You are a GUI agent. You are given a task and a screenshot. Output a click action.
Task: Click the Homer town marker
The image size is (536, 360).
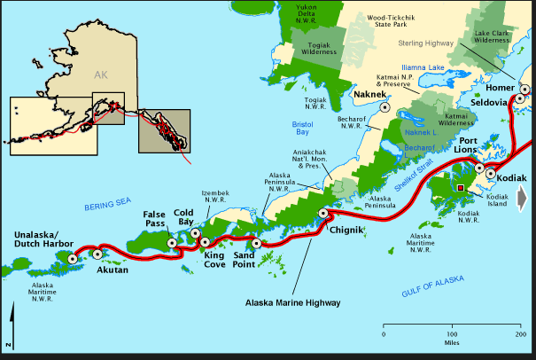coord(524,90)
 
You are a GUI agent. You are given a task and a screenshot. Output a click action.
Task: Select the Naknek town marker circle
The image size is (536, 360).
coord(385,106)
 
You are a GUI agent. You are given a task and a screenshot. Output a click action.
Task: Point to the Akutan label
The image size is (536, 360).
coord(112,269)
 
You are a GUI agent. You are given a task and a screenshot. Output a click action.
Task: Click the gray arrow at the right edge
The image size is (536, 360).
coord(524,198)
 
